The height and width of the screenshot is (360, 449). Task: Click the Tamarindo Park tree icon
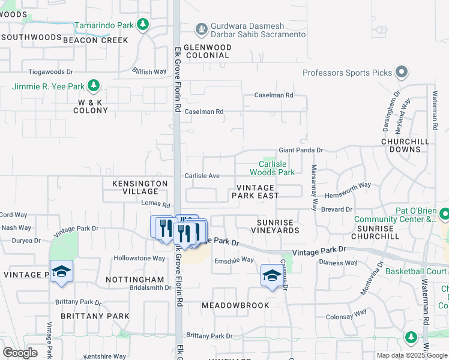pos(143,25)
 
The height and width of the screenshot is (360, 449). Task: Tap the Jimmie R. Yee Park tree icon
pos(93,86)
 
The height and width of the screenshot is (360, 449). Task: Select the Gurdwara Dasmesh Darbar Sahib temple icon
pos(201,28)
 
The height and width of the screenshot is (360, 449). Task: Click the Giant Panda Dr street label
pos(301,150)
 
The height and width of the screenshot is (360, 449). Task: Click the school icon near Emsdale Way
pos(271,275)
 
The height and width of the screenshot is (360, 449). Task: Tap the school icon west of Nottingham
pos(61,272)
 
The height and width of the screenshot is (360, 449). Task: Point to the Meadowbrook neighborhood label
pos(235,305)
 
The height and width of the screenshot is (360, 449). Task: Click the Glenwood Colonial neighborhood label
pos(206,51)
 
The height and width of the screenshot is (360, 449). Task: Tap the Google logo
pos(20,352)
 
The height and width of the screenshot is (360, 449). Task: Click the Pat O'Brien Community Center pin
pos(444,214)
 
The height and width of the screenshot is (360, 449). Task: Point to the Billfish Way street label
pos(149,71)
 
